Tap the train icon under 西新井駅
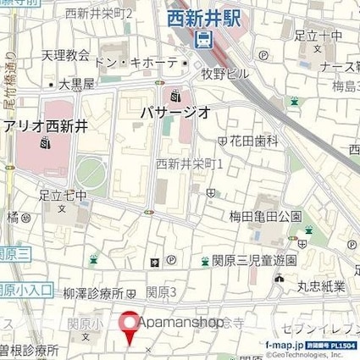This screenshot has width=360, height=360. pos(204,39)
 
